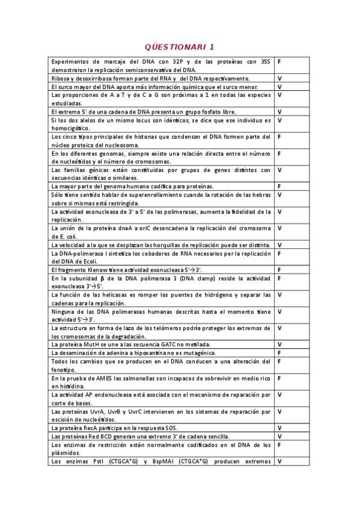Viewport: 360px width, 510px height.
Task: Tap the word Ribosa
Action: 61,79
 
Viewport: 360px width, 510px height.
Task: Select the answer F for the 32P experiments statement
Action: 279,61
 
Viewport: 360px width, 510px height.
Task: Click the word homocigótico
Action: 70,128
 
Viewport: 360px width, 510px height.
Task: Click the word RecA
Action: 87,428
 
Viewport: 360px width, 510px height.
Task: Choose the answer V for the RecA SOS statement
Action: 279,428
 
